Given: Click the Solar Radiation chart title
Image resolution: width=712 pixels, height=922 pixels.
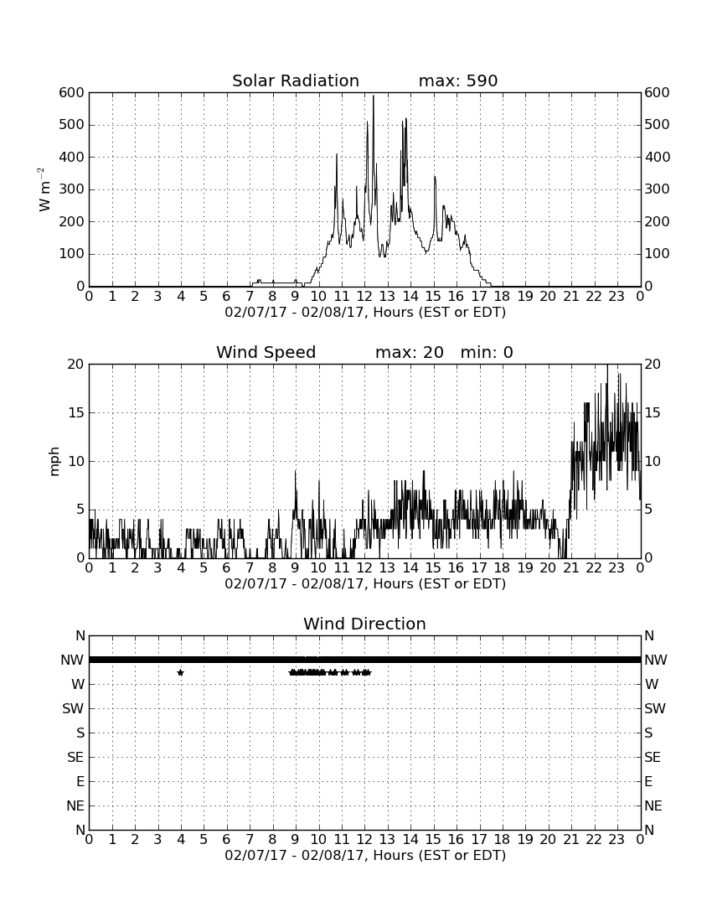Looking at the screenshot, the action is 296,80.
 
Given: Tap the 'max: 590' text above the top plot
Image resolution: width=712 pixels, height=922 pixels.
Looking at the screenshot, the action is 458,80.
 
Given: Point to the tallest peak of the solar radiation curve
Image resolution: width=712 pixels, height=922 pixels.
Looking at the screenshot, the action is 373,96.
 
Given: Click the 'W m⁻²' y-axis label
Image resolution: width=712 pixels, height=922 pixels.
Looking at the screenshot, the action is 44,189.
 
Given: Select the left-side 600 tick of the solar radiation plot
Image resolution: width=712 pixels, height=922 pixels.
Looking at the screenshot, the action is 72,92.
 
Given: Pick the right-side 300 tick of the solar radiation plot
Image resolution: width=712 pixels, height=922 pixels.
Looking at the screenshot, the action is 657,189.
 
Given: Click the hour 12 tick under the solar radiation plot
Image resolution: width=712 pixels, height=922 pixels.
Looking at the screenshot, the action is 364,296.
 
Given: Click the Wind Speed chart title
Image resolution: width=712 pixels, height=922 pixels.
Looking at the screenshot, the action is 266,352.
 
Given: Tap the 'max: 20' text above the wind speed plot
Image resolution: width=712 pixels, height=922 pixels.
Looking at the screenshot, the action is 410,352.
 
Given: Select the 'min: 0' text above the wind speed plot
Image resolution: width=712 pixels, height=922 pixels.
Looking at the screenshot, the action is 487,352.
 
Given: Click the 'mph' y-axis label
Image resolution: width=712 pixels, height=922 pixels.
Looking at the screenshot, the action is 54,461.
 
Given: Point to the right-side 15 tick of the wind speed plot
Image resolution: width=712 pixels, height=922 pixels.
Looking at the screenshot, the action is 653,412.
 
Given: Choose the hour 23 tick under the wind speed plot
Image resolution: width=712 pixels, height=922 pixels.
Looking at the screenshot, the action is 617,567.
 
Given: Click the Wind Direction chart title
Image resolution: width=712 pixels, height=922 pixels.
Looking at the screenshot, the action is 364,624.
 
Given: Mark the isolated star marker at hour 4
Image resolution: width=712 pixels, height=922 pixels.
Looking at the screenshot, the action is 180,672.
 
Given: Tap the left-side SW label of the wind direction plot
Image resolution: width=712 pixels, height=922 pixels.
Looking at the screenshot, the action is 73,708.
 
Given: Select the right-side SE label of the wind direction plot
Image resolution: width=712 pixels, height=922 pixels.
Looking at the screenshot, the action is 653,758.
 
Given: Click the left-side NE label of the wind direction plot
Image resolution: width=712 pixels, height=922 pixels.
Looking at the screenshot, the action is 75,806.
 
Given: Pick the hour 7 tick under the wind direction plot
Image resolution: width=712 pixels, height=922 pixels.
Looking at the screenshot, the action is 250,839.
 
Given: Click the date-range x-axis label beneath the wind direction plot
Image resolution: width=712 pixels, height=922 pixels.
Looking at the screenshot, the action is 365,855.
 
